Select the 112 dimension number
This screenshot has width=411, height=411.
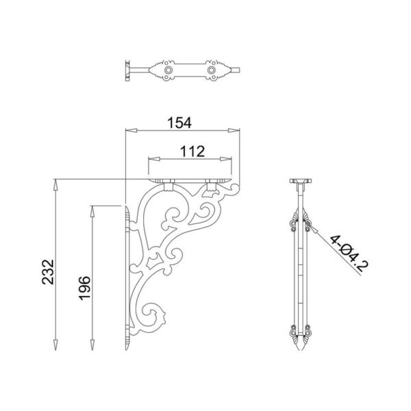[192, 151]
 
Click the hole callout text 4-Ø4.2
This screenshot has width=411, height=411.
[346, 254]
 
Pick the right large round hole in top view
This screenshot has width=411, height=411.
[212, 69]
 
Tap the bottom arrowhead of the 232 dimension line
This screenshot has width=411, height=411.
[55, 342]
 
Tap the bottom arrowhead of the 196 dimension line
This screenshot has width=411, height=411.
[92, 342]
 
